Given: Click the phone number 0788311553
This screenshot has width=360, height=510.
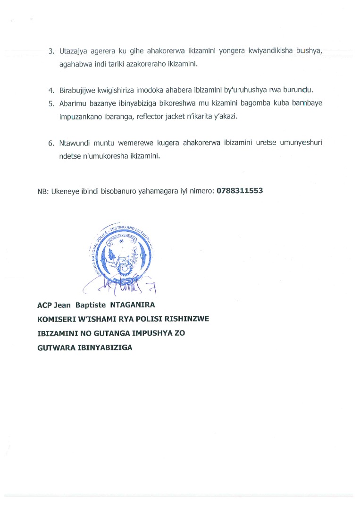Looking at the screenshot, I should pyautogui.click(x=240, y=191).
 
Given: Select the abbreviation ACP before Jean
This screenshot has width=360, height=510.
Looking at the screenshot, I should pyautogui.click(x=45, y=306).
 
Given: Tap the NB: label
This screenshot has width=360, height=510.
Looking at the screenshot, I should pyautogui.click(x=42, y=191).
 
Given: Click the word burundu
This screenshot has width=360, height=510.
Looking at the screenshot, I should pyautogui.click(x=299, y=90).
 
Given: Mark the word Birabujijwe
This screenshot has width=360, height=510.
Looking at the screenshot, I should pyautogui.click(x=79, y=90).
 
